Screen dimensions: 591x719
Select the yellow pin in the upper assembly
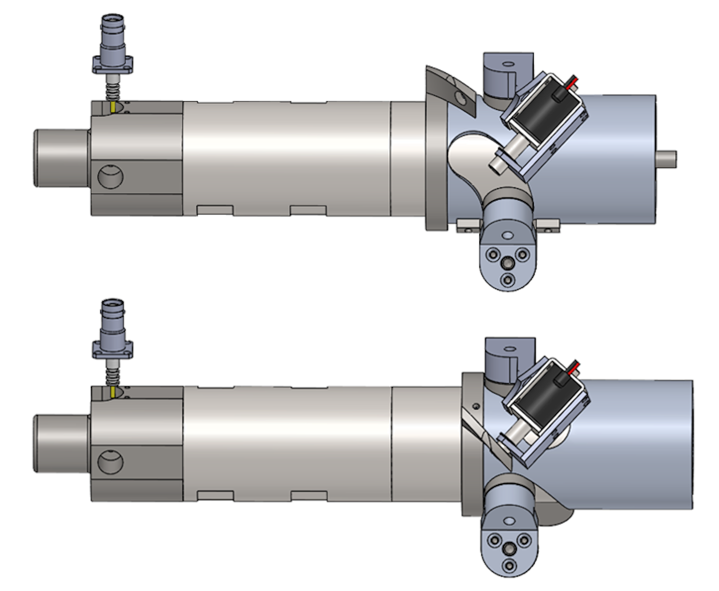(114, 107)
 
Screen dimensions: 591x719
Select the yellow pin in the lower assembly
(114, 391)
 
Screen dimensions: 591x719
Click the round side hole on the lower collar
(110, 461)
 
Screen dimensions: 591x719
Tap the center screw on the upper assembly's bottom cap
(508, 263)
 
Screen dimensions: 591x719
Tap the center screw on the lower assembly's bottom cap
(509, 550)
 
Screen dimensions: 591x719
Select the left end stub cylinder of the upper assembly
(60, 158)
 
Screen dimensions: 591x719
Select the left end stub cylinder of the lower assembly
(60, 443)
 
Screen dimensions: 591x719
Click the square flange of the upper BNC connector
(113, 65)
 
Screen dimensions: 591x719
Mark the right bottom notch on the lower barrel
(309, 496)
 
